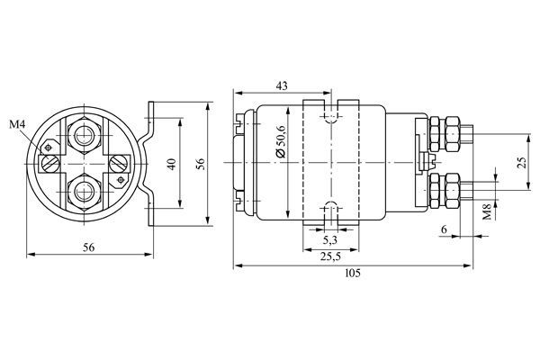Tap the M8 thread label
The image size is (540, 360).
tap(486, 212)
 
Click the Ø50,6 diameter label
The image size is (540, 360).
tap(281, 141)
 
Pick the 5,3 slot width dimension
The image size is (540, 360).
tap(330, 241)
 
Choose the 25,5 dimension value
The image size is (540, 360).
tap(330, 257)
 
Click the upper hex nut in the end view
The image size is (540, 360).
tap(86, 137)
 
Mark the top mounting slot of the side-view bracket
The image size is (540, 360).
tap(329, 114)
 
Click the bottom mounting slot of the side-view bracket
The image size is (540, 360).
tap(329, 213)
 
